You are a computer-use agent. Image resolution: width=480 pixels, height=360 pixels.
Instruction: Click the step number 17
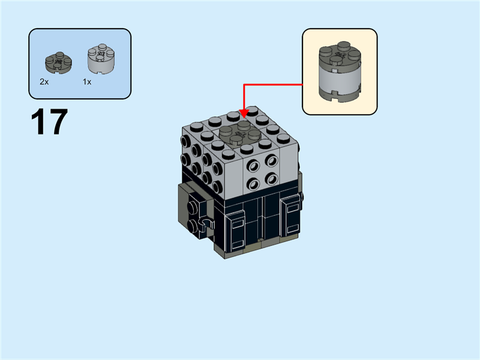49,122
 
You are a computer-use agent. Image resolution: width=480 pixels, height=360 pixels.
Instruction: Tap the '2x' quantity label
44,82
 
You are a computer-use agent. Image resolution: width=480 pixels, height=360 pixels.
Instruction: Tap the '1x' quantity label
87,82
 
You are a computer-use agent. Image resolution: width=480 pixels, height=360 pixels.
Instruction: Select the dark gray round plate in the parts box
58,61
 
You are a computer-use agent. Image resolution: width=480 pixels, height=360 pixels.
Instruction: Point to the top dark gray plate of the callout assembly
340,53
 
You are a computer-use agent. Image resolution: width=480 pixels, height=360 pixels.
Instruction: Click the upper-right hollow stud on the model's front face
271,160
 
